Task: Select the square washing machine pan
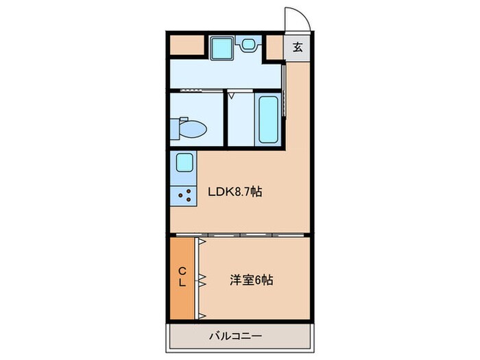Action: pos(222,47)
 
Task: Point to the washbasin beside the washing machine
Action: pos(248,44)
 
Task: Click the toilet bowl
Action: pos(194,128)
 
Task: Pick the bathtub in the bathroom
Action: pos(267,119)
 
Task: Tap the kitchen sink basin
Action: pos(184,163)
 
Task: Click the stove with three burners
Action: pos(184,196)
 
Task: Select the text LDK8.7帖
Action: pos(235,192)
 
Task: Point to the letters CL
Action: pos(183,277)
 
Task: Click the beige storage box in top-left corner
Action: pos(187,45)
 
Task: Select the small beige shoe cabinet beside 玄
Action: pos(274,47)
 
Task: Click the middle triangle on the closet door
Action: pos(202,278)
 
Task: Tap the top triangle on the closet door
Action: pos(202,242)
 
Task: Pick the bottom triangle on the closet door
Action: pos(202,315)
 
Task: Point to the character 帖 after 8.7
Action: pos(256,192)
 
